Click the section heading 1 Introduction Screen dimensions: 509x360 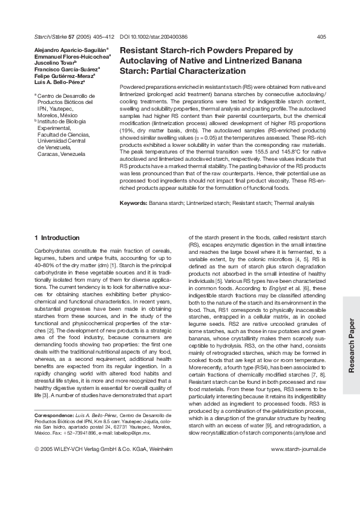coord(57,238)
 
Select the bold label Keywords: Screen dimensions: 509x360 coord(133,202)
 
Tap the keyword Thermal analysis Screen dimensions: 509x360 coord(293,202)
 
